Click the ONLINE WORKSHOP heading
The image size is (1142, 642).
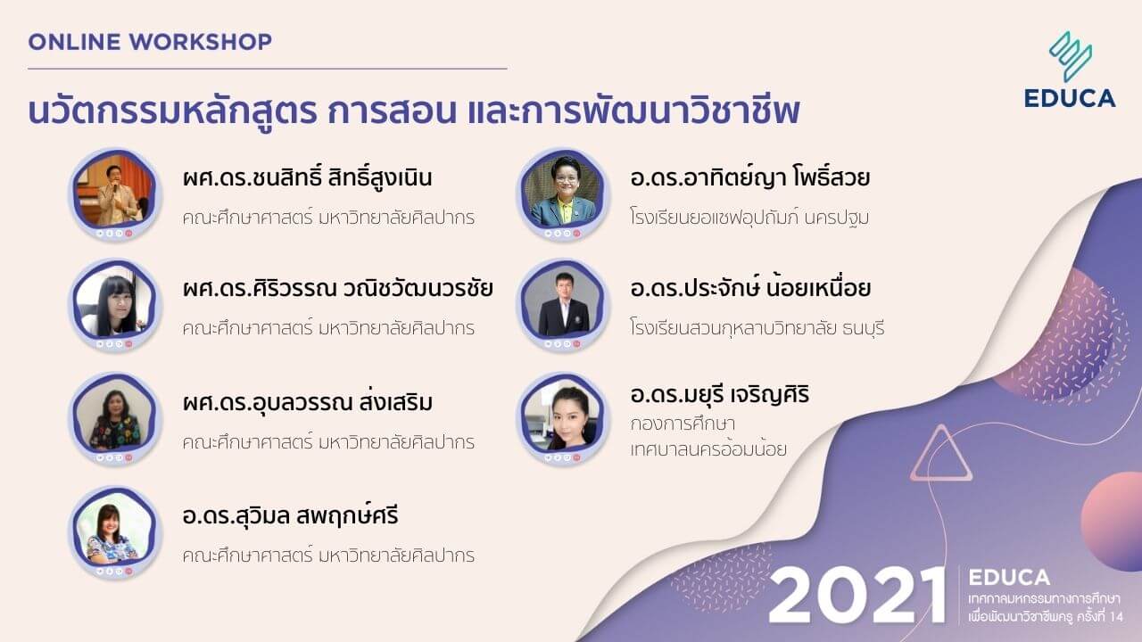pyautogui.click(x=150, y=41)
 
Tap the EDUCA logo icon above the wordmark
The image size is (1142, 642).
pyautogui.click(x=1071, y=55)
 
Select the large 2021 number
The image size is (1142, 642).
pyautogui.click(x=856, y=594)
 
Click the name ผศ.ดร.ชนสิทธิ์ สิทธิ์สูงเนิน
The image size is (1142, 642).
pyautogui.click(x=307, y=177)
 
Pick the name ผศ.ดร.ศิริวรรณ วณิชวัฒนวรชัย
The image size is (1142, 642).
pyautogui.click(x=337, y=289)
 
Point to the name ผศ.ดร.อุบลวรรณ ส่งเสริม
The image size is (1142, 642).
pyautogui.click(x=307, y=403)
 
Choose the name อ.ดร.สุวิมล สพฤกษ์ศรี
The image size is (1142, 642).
pyautogui.click(x=290, y=516)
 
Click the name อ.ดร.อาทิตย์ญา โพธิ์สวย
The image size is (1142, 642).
pyautogui.click(x=749, y=177)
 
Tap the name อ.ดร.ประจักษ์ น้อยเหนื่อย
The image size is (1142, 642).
pyautogui.click(x=749, y=289)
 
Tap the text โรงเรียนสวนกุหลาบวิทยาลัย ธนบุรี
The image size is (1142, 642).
pyautogui.click(x=757, y=327)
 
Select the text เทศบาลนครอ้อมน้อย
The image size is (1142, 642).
pyautogui.click(x=708, y=449)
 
